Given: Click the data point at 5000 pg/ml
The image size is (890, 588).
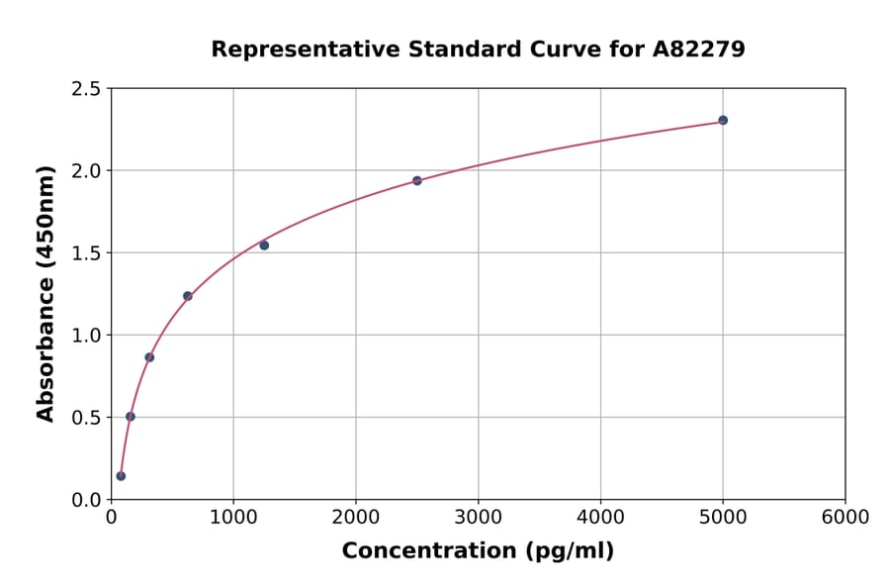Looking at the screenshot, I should click(x=723, y=120).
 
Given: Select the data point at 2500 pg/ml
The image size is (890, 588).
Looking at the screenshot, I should click(x=417, y=180).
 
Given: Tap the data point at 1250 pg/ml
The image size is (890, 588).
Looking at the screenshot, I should click(x=264, y=245).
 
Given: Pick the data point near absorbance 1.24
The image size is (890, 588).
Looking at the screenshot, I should click(x=188, y=296).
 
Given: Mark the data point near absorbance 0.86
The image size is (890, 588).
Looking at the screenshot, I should click(x=149, y=357).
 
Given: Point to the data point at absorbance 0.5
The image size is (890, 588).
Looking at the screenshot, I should click(x=131, y=417).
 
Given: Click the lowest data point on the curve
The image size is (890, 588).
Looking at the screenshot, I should click(x=121, y=476).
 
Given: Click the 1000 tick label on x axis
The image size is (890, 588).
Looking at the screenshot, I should click(x=233, y=518).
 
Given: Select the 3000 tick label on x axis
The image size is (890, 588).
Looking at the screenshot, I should click(x=478, y=518).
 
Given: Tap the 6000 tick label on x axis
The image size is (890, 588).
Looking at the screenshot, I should click(x=845, y=518).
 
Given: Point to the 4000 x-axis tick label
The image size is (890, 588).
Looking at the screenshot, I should click(x=600, y=518).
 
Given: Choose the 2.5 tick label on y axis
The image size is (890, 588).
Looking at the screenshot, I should click(x=86, y=89).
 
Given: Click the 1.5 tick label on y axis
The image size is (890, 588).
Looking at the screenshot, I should click(x=86, y=253).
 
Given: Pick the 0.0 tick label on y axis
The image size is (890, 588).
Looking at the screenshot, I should click(x=86, y=500).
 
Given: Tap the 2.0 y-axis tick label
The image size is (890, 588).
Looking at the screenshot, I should click(x=86, y=171).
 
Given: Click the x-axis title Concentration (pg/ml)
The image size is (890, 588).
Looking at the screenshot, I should click(x=478, y=551).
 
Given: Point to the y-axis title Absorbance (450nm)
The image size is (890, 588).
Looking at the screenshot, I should click(x=45, y=294).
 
